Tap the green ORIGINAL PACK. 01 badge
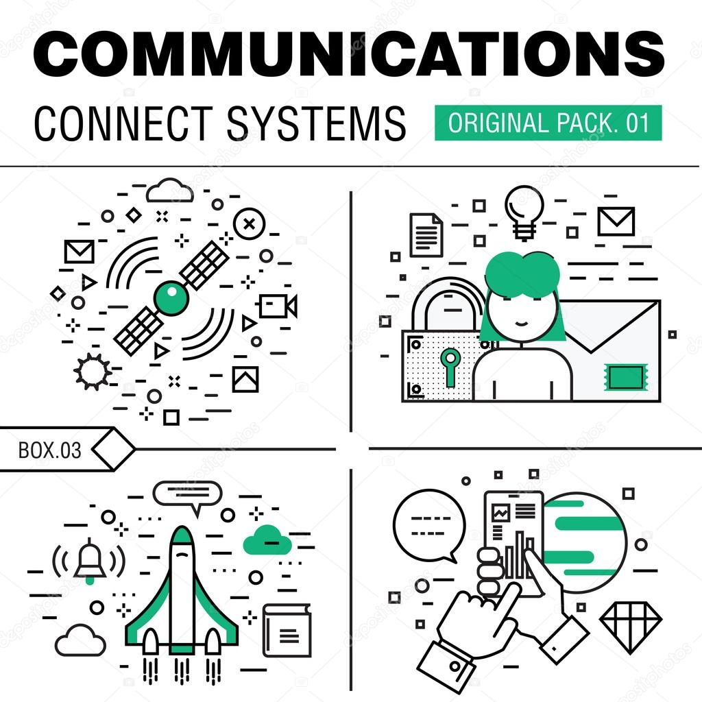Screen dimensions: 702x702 (x=548, y=123)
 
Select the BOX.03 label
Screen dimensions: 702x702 (x=49, y=450)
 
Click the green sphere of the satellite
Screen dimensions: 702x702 (x=171, y=298)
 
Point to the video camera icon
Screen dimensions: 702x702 (x=278, y=306)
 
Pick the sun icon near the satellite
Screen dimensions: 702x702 (x=93, y=371)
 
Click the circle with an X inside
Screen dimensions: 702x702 (x=250, y=223)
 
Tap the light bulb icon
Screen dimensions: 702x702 (x=524, y=212)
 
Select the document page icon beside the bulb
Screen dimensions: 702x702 (x=426, y=234)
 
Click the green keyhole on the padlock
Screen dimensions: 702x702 (x=450, y=363)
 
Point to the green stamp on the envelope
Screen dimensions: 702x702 (x=625, y=376)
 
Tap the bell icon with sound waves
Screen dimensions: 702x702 (x=90, y=560)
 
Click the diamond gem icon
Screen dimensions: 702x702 (x=631, y=618)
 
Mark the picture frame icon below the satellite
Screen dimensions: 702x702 (x=245, y=379)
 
